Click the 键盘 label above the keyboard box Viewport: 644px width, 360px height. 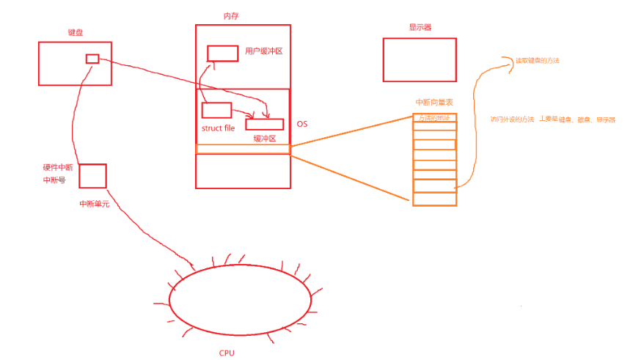(x=76, y=33)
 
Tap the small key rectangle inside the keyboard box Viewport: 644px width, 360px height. (x=92, y=59)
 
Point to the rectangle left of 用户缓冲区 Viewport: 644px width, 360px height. (x=222, y=53)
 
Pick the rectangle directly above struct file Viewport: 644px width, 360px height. (x=216, y=111)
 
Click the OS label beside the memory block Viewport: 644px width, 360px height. (x=301, y=124)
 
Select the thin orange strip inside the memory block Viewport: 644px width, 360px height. (x=243, y=149)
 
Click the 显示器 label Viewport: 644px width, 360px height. (x=420, y=28)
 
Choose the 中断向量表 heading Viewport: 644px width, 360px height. (x=434, y=103)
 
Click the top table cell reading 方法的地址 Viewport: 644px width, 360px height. (x=435, y=118)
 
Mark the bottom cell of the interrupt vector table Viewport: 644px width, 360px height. (x=435, y=199)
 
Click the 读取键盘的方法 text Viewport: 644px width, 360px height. (x=536, y=60)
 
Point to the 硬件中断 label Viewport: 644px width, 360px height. (x=58, y=168)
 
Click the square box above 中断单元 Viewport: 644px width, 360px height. (x=92, y=176)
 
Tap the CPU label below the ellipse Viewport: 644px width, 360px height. (x=227, y=353)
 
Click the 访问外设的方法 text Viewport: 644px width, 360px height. (x=512, y=119)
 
